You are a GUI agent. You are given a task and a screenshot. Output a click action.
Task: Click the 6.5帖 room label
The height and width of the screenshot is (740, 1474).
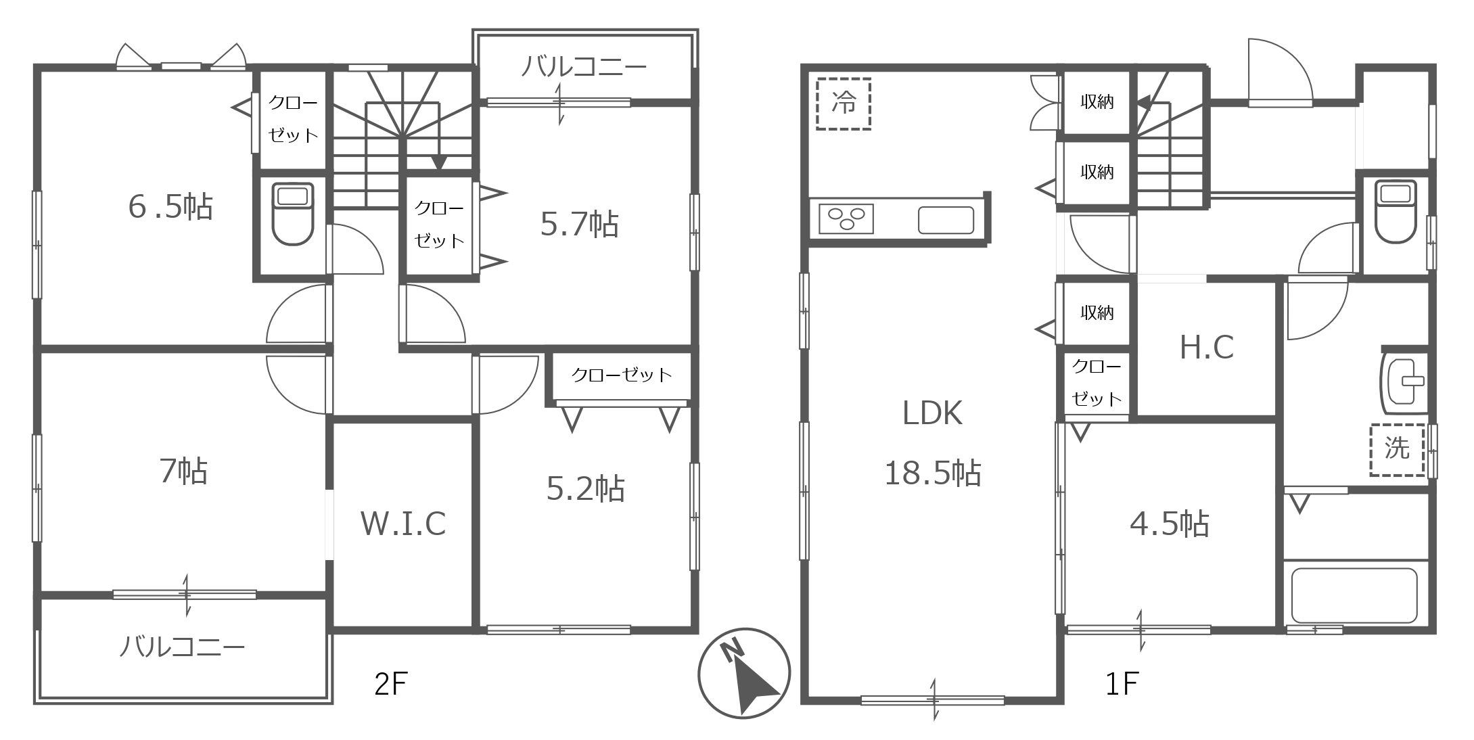[x=170, y=206]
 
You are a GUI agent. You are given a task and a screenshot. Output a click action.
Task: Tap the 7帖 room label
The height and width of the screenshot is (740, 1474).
[x=184, y=471]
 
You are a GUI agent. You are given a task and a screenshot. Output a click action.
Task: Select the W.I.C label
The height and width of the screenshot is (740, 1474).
[x=403, y=524]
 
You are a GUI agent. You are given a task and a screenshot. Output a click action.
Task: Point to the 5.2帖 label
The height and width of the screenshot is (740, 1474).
[x=585, y=488]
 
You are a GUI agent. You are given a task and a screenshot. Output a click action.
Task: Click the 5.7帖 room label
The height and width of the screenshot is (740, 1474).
[x=579, y=224]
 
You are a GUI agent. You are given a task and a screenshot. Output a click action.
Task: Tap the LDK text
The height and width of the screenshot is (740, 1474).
[x=932, y=413]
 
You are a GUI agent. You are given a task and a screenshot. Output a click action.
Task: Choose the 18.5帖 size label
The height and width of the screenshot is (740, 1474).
[x=933, y=473]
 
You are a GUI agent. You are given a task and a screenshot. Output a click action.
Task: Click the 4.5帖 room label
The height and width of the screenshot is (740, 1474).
[x=1170, y=524]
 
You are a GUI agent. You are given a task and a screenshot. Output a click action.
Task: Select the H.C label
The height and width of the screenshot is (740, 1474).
[x=1207, y=348]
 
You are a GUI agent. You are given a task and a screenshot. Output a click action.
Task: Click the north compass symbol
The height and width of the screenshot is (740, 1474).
[x=744, y=674]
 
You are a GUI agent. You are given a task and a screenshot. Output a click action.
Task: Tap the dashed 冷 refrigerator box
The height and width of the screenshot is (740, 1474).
[x=843, y=103]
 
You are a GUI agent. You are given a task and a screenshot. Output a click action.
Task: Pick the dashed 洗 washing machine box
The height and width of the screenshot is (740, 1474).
[x=1398, y=450]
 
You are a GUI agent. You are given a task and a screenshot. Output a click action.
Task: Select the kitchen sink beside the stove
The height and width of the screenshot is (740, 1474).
[x=946, y=220]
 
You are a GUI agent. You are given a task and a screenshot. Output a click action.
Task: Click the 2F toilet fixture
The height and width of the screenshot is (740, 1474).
[x=292, y=214]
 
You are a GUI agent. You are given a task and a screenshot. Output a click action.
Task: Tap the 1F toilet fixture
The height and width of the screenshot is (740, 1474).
[x=1396, y=211]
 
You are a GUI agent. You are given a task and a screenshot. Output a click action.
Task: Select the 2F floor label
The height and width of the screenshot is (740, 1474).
[x=391, y=684]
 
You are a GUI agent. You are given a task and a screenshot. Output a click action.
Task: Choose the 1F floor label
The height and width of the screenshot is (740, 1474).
[x=1122, y=684]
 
